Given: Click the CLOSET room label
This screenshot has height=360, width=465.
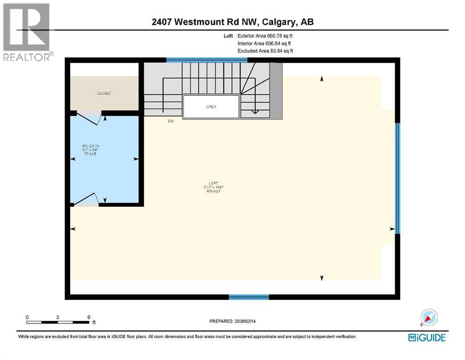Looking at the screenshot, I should pos(104,93).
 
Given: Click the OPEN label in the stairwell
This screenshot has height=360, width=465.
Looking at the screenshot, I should pos(211,106).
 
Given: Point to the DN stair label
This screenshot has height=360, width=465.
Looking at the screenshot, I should pos(171,121).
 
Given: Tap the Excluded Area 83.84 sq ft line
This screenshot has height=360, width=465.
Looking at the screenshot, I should pos(266,51).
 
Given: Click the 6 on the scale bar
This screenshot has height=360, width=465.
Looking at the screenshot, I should pos(89,317).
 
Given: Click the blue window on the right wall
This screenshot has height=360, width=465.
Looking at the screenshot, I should pos(398,178).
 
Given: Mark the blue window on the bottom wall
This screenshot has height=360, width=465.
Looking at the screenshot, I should pos(249,297).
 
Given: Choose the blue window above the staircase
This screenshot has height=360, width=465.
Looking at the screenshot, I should pos(203,60).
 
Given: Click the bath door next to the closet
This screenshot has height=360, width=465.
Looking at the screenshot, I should pos(89,117).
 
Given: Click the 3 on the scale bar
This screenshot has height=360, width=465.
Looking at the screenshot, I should pos(58,317).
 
